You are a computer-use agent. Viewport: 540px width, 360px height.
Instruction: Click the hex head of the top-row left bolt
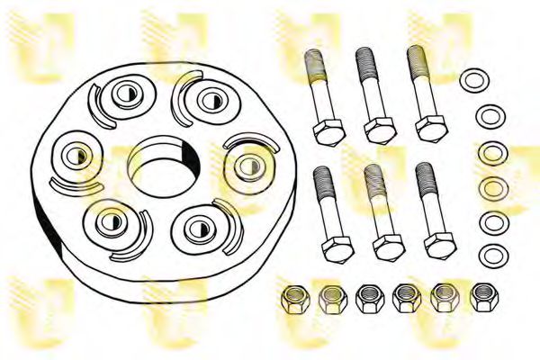[325, 130]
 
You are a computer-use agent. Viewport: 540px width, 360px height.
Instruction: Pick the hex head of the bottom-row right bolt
[439, 244]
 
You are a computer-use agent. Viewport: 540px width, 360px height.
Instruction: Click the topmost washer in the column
[471, 80]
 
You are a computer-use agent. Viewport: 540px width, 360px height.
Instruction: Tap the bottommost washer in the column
[490, 254]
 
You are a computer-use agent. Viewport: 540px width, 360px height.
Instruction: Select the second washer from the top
[489, 116]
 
